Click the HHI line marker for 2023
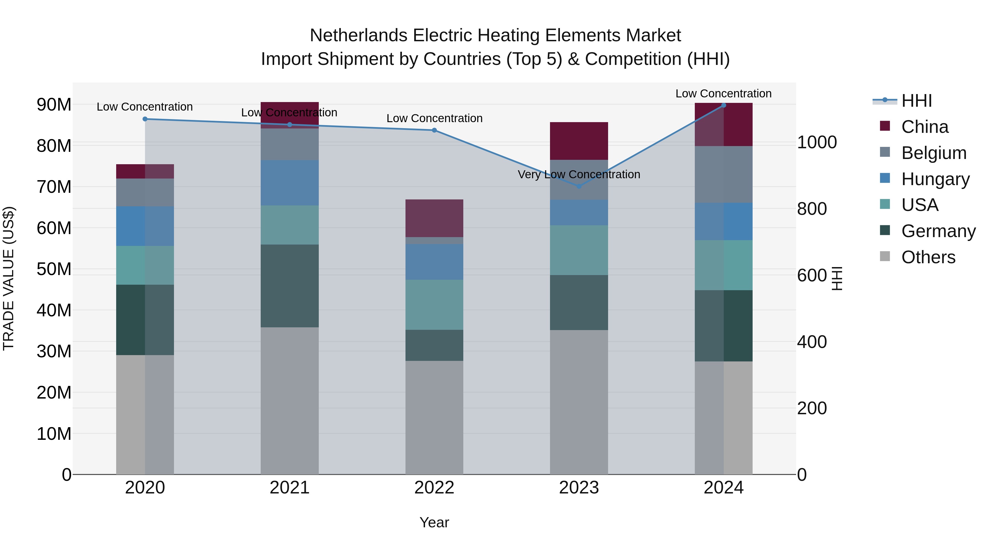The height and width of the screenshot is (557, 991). point(579,186)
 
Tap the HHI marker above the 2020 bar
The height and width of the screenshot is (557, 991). point(145,119)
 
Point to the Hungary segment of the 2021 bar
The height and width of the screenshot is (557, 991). point(290,183)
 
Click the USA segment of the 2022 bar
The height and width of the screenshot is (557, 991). point(434,304)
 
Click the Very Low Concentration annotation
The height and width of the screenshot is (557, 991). point(579,174)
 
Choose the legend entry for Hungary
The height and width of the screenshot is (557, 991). point(935,179)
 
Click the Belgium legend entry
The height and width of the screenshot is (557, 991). point(934,153)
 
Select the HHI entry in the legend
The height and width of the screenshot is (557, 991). point(916,101)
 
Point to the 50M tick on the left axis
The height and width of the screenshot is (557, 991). point(54,269)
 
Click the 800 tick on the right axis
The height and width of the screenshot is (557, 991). point(812,209)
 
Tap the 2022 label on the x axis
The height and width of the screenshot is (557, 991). point(434,488)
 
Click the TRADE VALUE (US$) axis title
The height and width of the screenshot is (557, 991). point(9,278)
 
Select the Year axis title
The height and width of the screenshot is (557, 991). point(434,522)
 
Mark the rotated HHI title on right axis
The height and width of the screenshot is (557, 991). point(837,278)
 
